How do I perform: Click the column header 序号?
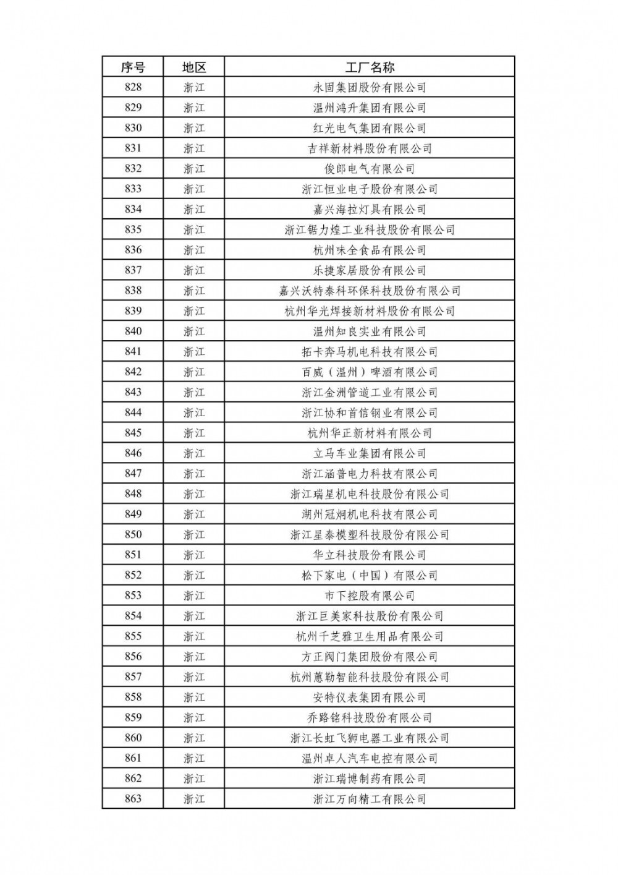133,67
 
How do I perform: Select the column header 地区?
193,67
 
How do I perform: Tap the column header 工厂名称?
370,67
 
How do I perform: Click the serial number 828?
133,87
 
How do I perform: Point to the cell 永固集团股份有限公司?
370,88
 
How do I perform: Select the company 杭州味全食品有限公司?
370,250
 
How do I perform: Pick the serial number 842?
133,372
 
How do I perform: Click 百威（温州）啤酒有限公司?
370,372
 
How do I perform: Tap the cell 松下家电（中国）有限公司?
370,576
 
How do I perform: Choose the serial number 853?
133,595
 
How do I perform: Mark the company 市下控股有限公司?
370,596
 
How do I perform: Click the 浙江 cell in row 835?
193,230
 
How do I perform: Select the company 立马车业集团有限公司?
370,453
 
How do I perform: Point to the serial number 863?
133,799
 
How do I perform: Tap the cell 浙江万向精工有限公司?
370,800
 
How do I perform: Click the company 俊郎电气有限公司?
370,169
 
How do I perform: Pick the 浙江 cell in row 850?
193,535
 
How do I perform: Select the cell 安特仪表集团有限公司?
370,698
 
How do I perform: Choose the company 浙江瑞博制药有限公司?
370,779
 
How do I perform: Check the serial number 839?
133,311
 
